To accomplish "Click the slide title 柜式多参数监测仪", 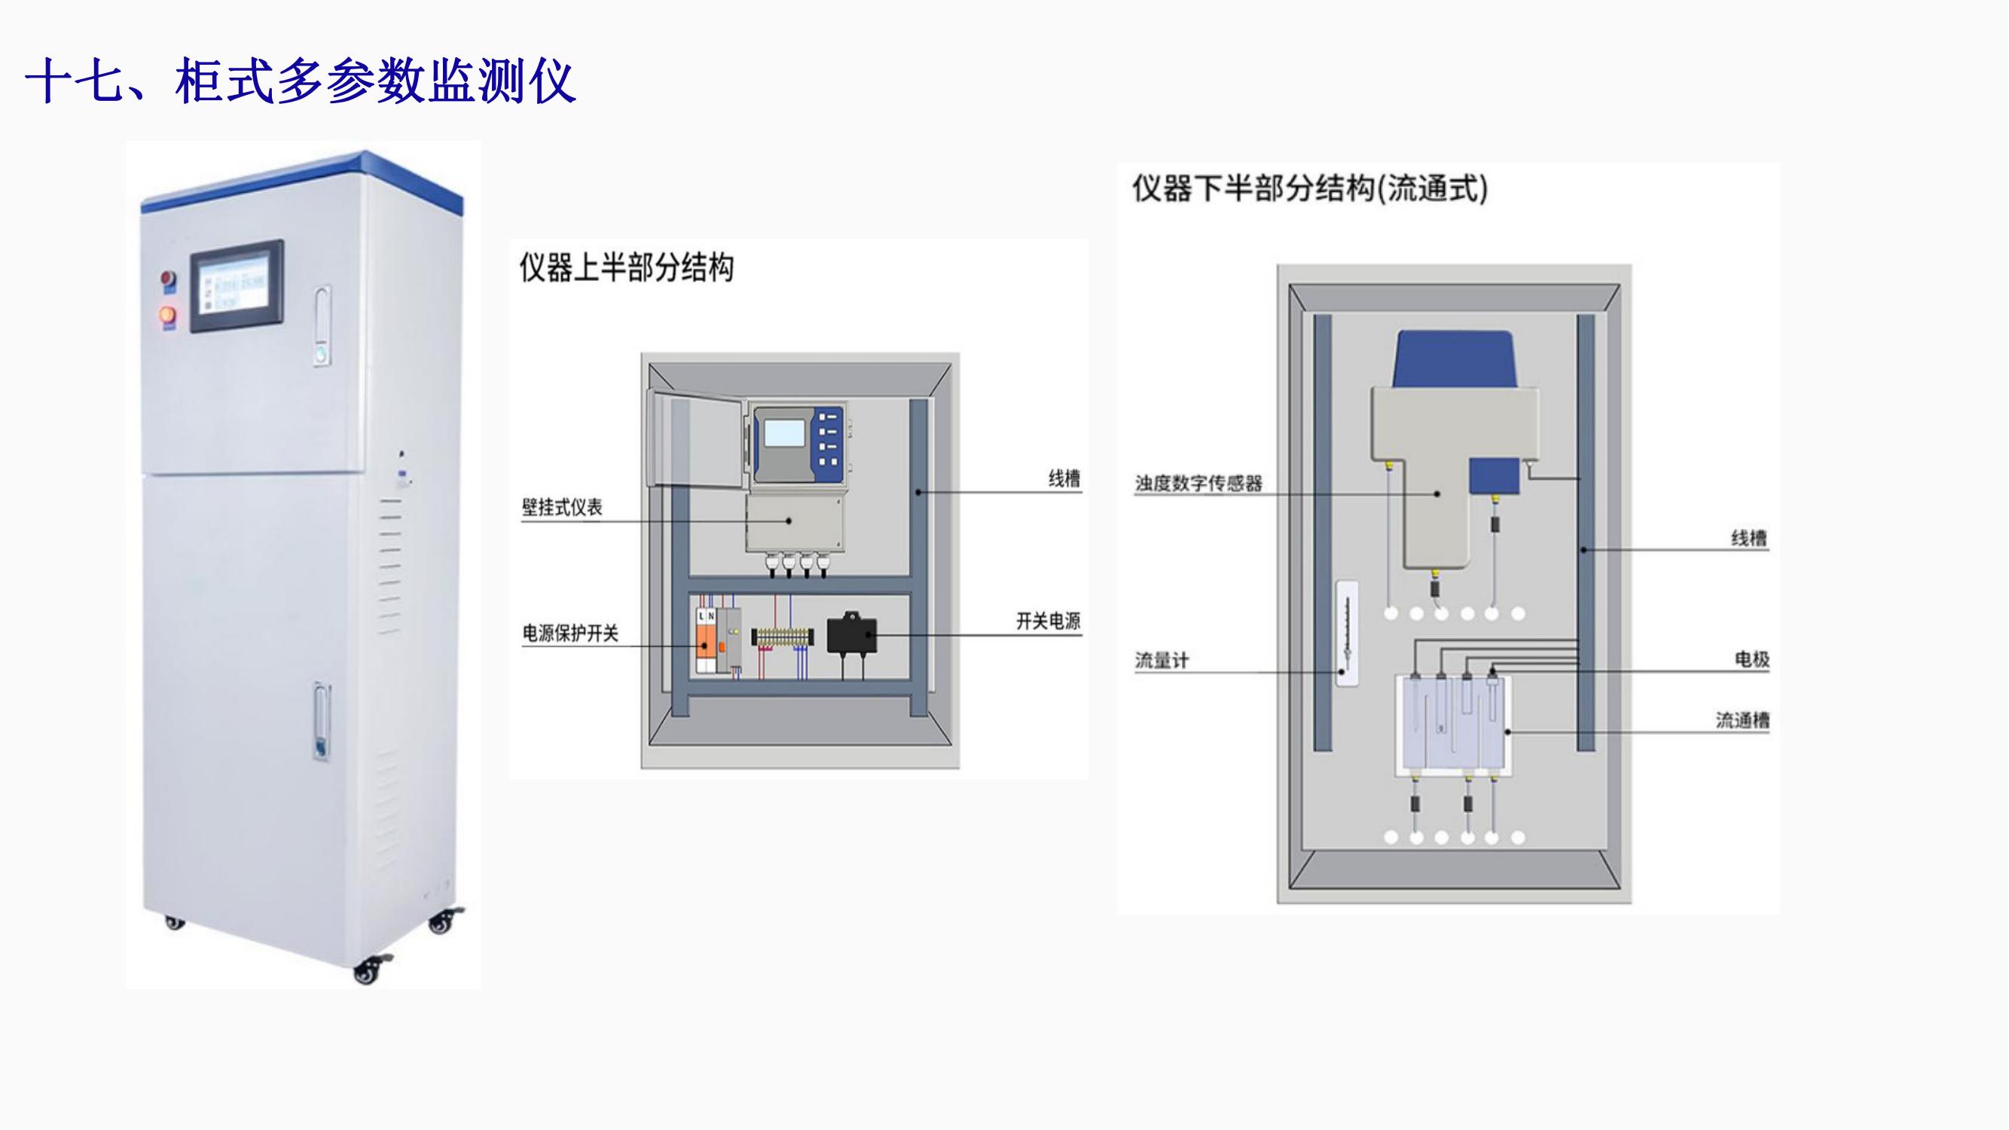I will [301, 81].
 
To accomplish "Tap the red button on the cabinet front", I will [168, 279].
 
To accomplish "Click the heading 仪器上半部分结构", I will [626, 268].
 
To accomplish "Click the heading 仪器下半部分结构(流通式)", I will [1309, 189].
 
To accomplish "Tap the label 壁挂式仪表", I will [561, 508].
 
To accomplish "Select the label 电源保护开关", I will [570, 634].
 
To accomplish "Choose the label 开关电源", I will [1047, 621].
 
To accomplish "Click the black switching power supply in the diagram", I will [852, 635].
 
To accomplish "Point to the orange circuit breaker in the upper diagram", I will [707, 646].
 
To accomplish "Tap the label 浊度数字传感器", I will [1198, 484].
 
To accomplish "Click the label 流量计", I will [1162, 661].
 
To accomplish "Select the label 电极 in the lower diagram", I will [1751, 660].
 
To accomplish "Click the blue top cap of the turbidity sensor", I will [1455, 359].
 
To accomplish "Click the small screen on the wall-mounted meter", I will [785, 435].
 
